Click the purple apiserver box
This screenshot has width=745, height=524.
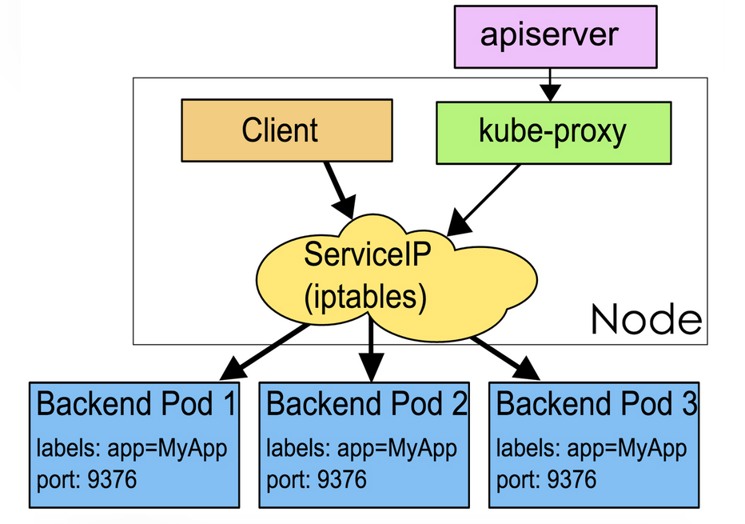pyautogui.click(x=556, y=37)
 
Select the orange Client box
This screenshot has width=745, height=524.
pyautogui.click(x=287, y=130)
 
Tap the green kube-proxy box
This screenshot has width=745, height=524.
pyautogui.click(x=553, y=133)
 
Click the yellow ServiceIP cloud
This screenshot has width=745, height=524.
pyautogui.click(x=396, y=278)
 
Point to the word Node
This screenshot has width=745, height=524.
pyautogui.click(x=647, y=319)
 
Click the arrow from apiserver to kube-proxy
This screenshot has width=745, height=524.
pyautogui.click(x=550, y=85)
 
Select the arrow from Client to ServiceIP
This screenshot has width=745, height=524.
pyautogui.click(x=341, y=190)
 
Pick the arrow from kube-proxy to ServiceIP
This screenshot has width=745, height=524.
pyautogui.click(x=483, y=200)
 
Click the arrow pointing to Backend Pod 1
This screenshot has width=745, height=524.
pyautogui.click(x=264, y=352)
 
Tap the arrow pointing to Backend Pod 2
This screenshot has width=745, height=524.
pyautogui.click(x=371, y=350)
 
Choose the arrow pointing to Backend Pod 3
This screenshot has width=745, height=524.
pyautogui.click(x=505, y=358)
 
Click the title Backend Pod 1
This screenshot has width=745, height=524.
pyautogui.click(x=137, y=404)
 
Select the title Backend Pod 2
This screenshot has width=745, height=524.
pyautogui.click(x=367, y=404)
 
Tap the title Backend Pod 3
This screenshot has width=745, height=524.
pyautogui.click(x=597, y=404)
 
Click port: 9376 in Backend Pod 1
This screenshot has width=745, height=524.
pyautogui.click(x=86, y=479)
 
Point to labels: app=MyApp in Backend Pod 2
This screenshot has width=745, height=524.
pyautogui.click(x=361, y=449)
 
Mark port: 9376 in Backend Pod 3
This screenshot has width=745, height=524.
pyautogui.click(x=547, y=479)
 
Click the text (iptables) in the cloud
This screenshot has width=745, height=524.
pyautogui.click(x=365, y=297)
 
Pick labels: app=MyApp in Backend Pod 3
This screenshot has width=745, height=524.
pyautogui.click(x=592, y=449)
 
